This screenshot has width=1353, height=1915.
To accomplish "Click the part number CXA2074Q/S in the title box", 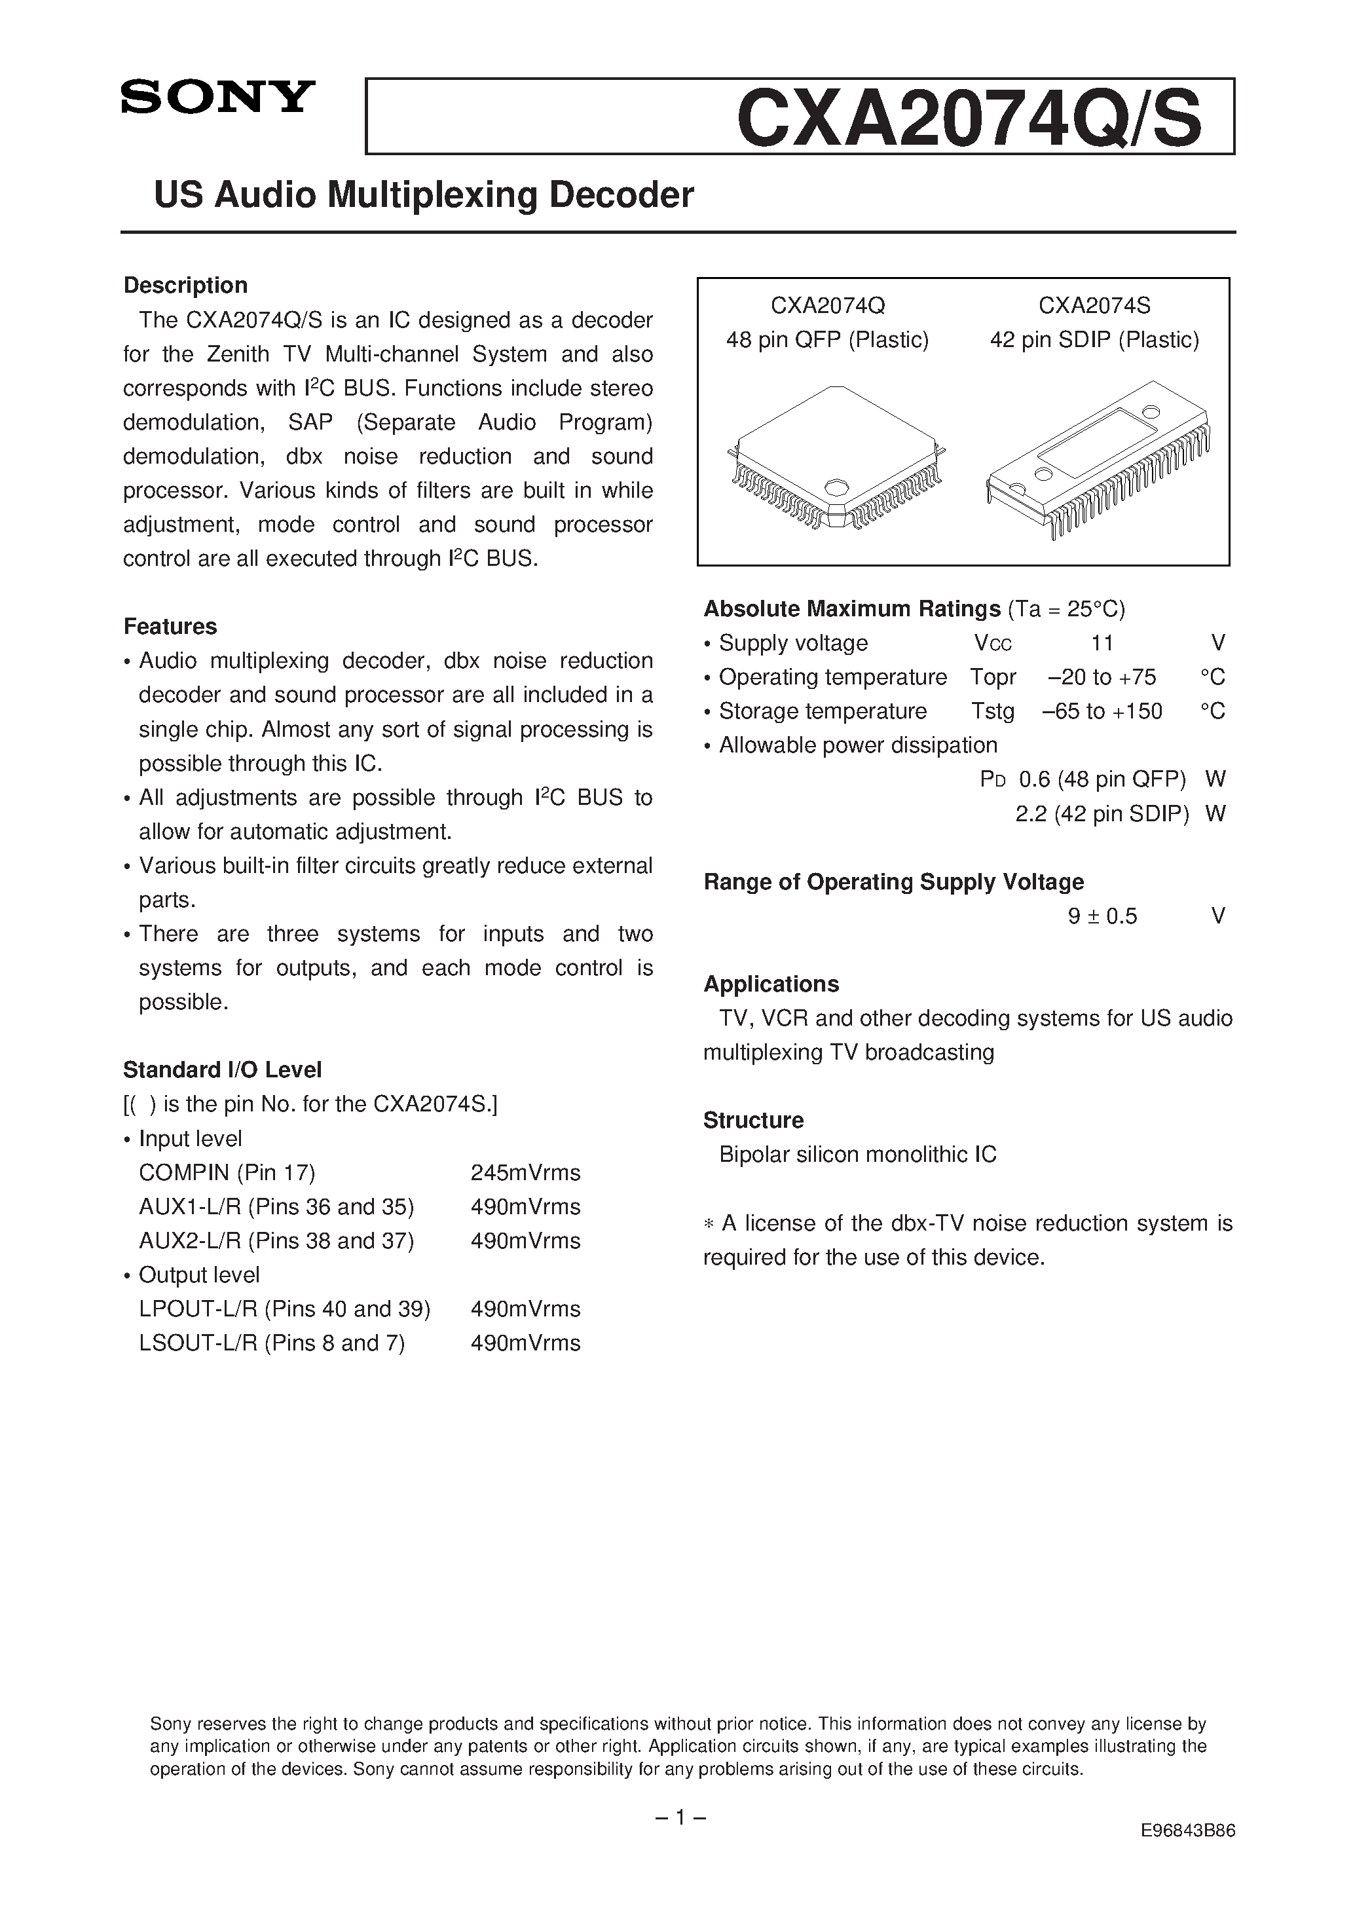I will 969,119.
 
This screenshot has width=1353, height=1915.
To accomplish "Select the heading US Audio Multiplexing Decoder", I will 424,195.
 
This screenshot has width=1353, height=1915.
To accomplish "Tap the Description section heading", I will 185,286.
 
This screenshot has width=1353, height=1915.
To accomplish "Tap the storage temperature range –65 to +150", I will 1101,711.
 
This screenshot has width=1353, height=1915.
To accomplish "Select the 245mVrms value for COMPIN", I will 525,1173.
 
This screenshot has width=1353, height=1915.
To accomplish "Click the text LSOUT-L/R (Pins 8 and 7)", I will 272,1343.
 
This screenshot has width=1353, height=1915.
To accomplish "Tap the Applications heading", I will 771,984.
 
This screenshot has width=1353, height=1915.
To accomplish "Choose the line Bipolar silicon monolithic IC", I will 857,1155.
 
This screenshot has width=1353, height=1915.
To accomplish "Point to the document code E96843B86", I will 1188,1831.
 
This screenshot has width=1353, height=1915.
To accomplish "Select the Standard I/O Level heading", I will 222,1070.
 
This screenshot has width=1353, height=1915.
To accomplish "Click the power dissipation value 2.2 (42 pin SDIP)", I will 1101,813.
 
